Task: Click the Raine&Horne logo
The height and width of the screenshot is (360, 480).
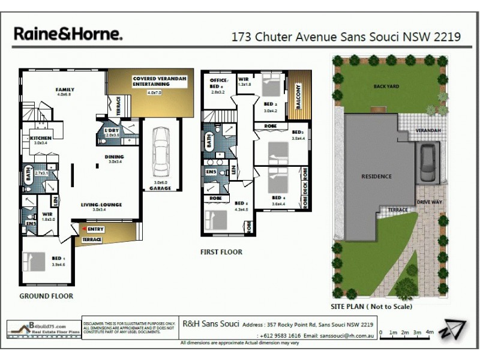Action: pyautogui.click(x=68, y=34)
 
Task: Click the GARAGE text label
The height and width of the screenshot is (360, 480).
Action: pyautogui.click(x=160, y=188)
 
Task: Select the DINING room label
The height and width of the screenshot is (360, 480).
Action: pyautogui.click(x=115, y=157)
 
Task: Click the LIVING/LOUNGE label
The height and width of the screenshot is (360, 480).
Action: pyautogui.click(x=102, y=205)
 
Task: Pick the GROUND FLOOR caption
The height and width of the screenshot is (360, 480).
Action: pyautogui.click(x=46, y=296)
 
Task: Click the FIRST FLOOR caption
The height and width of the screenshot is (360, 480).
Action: pyautogui.click(x=221, y=252)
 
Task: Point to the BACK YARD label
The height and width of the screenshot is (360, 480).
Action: pyautogui.click(x=385, y=86)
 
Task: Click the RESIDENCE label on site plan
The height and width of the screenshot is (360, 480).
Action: pyautogui.click(x=376, y=176)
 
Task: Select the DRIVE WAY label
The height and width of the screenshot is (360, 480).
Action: pyautogui.click(x=430, y=202)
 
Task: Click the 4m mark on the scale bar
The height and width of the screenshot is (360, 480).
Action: pyautogui.click(x=430, y=332)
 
